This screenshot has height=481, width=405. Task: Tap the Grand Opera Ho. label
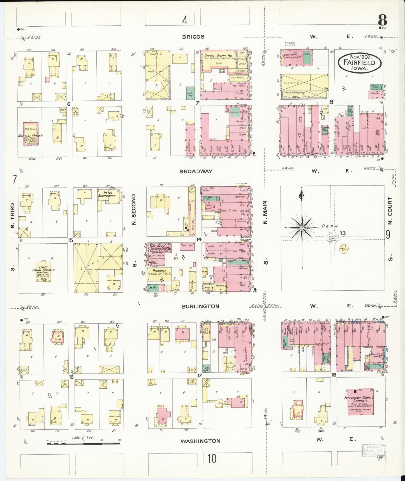click(x=218, y=56)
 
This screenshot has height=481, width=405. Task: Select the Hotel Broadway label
click(x=107, y=194)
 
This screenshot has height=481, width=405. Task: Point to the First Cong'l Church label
click(x=43, y=269)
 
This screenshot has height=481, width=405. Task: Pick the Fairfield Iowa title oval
click(x=360, y=63)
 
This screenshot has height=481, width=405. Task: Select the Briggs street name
click(x=193, y=37)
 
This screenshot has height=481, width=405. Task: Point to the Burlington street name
click(x=200, y=306)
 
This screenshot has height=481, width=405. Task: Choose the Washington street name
click(x=200, y=441)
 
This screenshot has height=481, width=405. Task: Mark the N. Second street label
click(x=134, y=209)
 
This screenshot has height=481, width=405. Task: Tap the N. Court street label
click(x=390, y=210)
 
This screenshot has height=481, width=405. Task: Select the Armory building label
click(x=158, y=271)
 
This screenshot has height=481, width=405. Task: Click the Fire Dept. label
click(x=156, y=246)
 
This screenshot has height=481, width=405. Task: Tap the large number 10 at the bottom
click(x=212, y=459)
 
